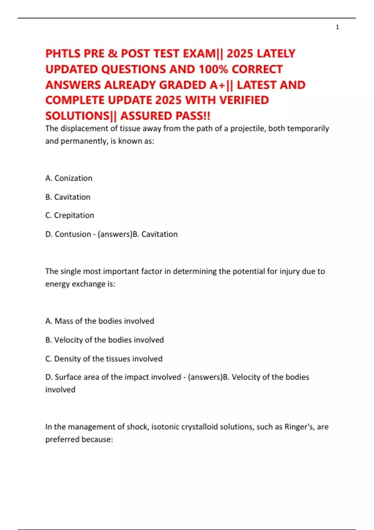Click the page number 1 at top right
337,27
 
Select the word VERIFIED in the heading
244,100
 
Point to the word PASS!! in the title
193,116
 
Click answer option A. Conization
69,178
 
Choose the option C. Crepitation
70,215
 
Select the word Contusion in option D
73,234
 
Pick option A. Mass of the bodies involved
100,321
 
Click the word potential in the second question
248,271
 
